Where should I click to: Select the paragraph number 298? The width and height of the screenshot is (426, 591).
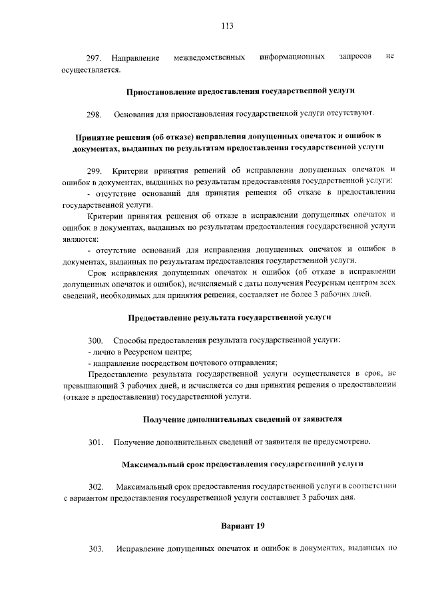(x=95, y=114)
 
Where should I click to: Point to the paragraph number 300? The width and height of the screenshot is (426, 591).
(x=95, y=340)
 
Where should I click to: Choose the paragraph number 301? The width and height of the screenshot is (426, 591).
(x=95, y=442)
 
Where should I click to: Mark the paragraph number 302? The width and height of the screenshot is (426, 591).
(x=95, y=486)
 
